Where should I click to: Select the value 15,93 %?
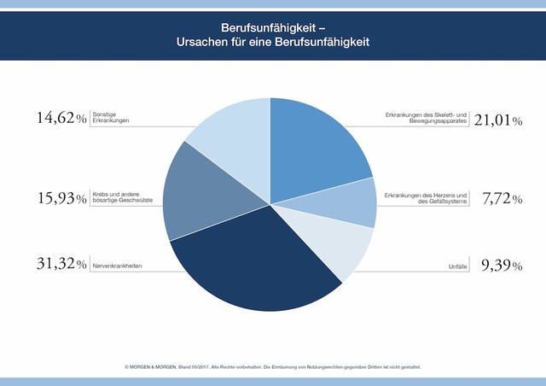coord(60,202)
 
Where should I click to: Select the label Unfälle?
coord(459,267)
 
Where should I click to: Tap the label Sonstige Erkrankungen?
coord(112,118)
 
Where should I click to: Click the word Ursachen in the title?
coord(201,40)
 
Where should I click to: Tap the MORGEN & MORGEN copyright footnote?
coord(273,366)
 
